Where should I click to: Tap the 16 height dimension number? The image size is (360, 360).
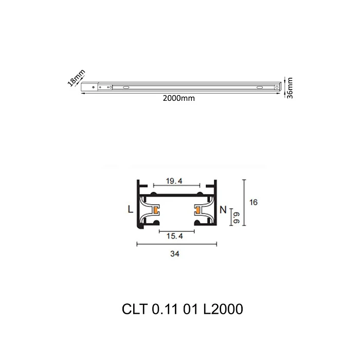pos(253,203)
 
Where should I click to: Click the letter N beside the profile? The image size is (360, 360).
pos(223,209)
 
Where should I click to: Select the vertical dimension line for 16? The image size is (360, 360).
pos(243,203)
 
